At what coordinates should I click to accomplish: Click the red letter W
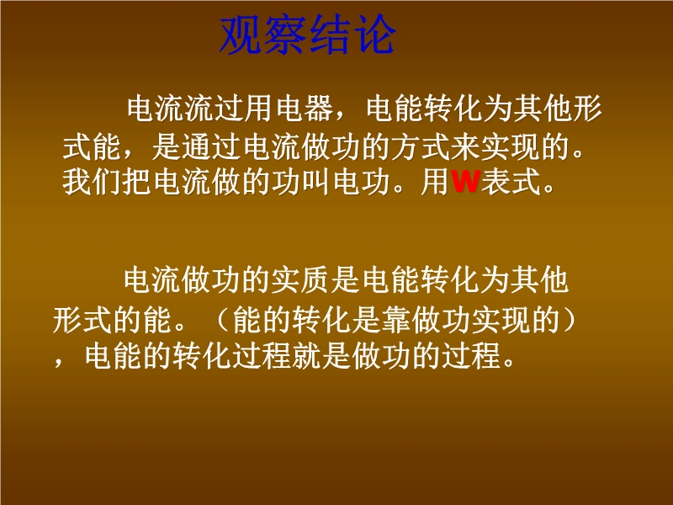[x=465, y=182]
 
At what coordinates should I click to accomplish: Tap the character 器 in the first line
[x=320, y=108]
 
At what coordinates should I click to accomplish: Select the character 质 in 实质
[x=315, y=280]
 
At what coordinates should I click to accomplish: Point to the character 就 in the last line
[x=306, y=355]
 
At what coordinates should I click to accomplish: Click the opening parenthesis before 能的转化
[x=222, y=320]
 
